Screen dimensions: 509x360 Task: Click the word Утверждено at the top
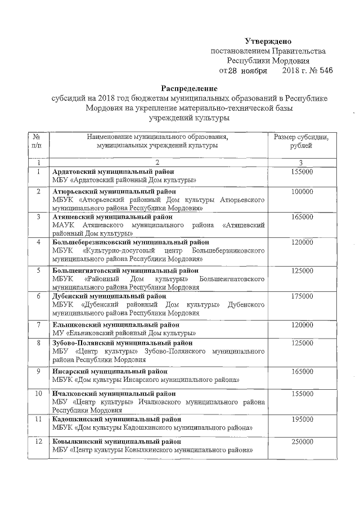click(x=268, y=41)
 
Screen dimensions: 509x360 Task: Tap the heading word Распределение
click(x=189, y=89)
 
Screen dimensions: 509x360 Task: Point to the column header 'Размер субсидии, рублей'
click(x=301, y=141)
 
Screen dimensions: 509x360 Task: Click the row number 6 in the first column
click(x=38, y=295)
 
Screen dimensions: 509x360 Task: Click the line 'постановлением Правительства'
click(x=268, y=51)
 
